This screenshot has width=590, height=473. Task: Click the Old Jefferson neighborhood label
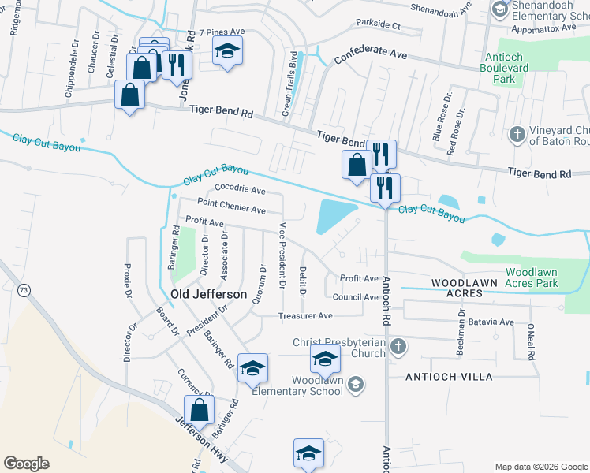tap(208, 294)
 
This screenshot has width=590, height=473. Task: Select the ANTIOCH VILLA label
tap(449, 377)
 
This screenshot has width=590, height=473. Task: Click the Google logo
tap(26, 464)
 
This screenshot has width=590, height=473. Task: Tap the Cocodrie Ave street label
tap(240, 191)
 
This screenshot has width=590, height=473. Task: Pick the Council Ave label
tap(355, 297)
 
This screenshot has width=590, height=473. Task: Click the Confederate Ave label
tap(370, 54)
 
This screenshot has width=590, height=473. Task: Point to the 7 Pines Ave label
tap(222, 32)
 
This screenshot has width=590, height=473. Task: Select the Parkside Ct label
tap(378, 24)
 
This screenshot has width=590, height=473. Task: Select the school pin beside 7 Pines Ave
tap(228, 51)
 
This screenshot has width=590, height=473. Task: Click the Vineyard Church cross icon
tap(517, 132)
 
